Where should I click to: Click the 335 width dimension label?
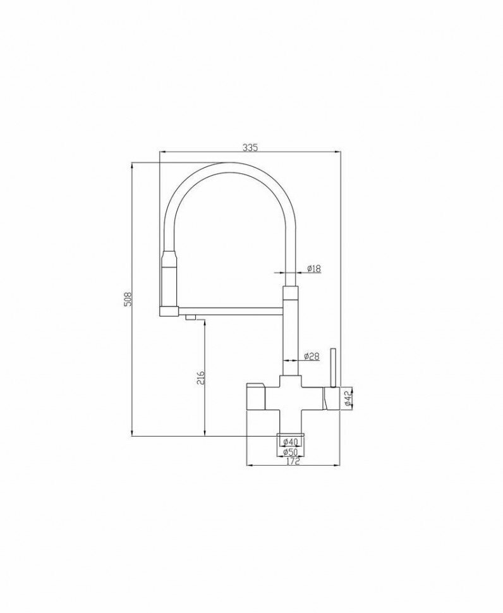tap(250, 148)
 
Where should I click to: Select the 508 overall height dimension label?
tap(128, 299)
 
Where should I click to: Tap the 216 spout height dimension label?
tap(200, 377)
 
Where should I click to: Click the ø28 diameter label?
tap(312, 356)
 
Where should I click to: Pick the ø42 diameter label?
tap(347, 399)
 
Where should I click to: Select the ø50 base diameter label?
tap(291, 452)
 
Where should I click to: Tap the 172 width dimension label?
tap(293, 461)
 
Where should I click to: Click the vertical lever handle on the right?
tap(334, 368)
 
